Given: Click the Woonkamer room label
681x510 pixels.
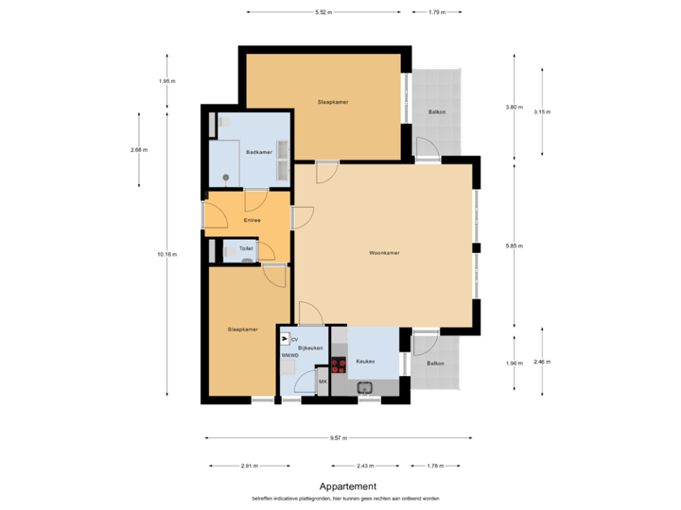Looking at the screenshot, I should [384, 253].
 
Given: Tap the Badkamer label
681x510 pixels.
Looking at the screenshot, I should [259, 152].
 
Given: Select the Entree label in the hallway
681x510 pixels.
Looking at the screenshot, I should [252, 220].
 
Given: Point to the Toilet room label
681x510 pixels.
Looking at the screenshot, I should [246, 248].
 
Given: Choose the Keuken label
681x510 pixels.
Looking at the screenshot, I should [365, 362].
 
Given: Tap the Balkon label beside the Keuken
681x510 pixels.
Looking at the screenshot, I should [435, 364].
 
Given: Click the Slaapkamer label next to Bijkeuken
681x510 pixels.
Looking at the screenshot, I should [243, 330].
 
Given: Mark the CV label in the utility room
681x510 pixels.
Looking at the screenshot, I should [294, 339].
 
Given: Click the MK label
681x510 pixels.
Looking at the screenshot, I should [323, 382].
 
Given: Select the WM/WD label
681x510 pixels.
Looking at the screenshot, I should [289, 356].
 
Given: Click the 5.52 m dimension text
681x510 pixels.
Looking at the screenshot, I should [324, 12].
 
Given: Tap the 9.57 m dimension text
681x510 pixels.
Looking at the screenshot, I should [339, 438].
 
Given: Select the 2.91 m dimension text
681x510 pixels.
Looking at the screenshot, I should [251, 466].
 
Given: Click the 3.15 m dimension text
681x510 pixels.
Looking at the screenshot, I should [542, 111].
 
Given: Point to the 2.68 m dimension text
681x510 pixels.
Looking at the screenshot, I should [139, 149].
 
